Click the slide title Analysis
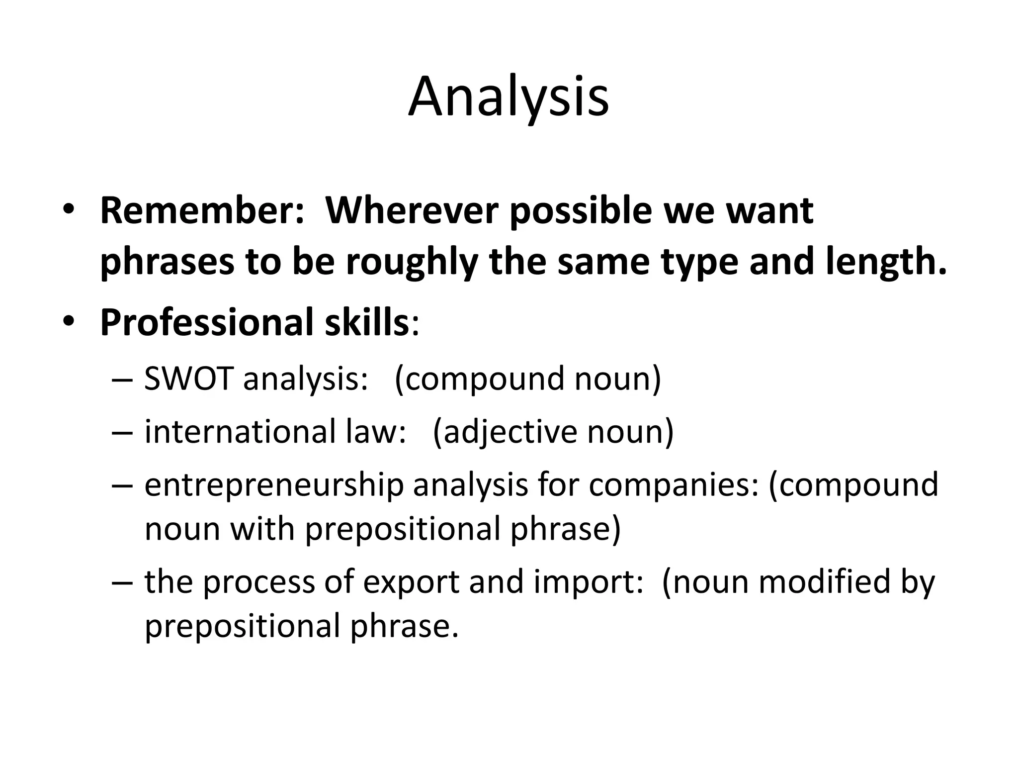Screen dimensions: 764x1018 pyautogui.click(x=509, y=97)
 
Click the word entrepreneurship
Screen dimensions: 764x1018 pyautogui.click(x=274, y=485)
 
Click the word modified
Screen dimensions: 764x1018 pyautogui.click(x=821, y=582)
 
